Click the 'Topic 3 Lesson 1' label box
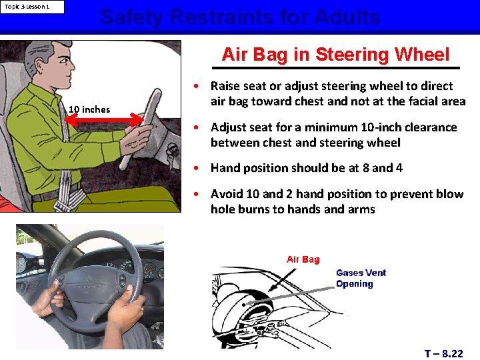click(33, 7)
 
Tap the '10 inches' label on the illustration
click(89, 109)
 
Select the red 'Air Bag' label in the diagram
click(303, 259)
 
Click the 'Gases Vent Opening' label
click(360, 278)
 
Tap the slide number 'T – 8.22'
click(443, 353)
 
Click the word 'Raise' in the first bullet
click(226, 86)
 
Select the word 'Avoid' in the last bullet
click(227, 194)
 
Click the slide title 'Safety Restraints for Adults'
click(240, 17)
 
